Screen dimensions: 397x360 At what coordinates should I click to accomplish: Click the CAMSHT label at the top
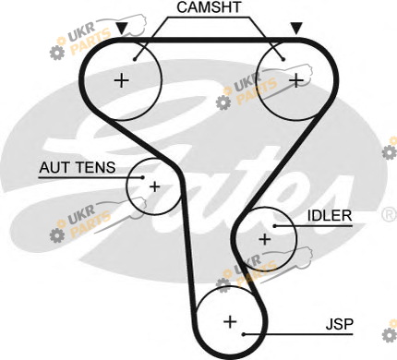tap(209, 7)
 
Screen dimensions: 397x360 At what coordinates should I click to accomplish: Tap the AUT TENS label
tap(78, 167)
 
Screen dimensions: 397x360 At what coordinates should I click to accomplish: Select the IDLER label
tap(330, 216)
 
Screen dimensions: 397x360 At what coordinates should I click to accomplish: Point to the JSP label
tap(340, 324)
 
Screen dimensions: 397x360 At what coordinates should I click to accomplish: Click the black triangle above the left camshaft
tap(122, 29)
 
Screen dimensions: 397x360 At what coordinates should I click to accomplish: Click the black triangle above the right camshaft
tap(296, 29)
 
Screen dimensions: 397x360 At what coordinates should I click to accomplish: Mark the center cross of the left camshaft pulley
tap(122, 80)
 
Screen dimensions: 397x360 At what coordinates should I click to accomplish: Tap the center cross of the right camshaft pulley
tap(296, 80)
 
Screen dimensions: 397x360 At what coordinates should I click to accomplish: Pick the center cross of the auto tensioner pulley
tap(154, 186)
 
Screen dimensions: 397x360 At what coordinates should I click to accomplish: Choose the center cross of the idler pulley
tap(265, 239)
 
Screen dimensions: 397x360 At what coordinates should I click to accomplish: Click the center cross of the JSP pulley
tap(230, 322)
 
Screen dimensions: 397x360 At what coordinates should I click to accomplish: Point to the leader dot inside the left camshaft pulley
tap(135, 59)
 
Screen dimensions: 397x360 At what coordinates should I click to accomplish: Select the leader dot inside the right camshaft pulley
tap(283, 59)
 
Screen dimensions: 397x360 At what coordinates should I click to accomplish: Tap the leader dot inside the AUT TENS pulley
tap(142, 177)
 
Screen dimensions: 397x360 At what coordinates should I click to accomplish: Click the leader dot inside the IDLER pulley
tap(274, 226)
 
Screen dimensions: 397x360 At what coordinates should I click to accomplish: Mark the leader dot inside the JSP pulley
tap(243, 334)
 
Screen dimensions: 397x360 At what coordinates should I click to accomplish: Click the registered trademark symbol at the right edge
tap(390, 214)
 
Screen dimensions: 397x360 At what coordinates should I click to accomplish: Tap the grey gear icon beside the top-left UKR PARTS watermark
tap(57, 52)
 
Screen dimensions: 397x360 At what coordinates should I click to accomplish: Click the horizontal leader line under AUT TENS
tap(90, 177)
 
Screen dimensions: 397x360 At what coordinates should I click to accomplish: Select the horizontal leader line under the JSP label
tap(298, 334)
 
